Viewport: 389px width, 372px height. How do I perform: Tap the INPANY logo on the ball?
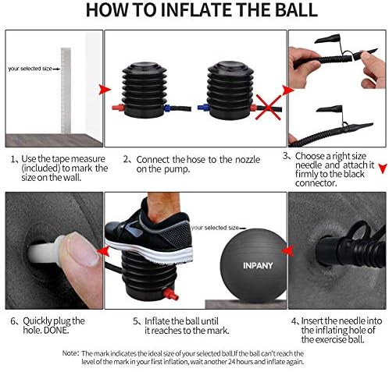pos(258,266)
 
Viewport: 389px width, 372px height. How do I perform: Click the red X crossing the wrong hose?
pos(269,107)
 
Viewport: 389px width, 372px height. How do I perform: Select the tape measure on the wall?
pos(66,90)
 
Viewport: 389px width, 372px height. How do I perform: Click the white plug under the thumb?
pos(45,252)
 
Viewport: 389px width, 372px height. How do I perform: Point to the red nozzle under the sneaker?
pos(170,294)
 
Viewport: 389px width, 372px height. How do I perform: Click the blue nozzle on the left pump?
pos(167,108)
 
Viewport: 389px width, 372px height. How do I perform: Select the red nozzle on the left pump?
pos(119,108)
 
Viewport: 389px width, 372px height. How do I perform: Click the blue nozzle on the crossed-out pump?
pos(203,107)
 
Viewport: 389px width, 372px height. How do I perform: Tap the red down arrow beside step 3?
pos(383,168)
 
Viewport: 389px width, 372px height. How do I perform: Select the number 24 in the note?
pos(231,362)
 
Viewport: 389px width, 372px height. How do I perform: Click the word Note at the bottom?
pos(70,353)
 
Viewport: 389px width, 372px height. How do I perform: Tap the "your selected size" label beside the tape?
pos(30,69)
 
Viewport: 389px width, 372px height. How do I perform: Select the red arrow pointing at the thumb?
pos(103,251)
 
